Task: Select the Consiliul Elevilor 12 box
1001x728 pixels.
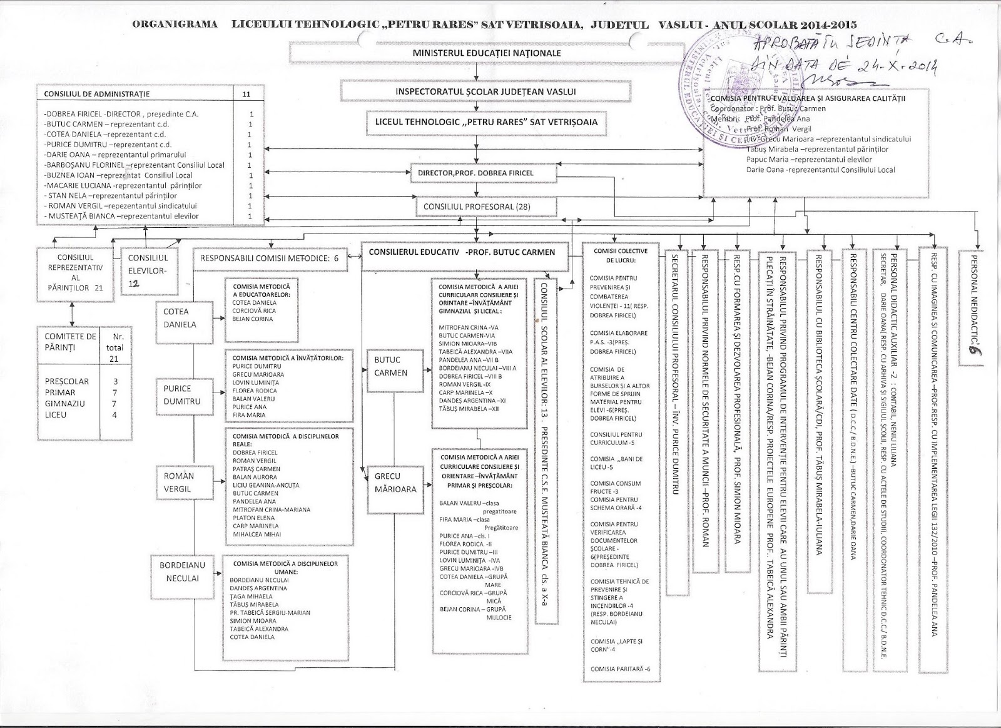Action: [x=148, y=269]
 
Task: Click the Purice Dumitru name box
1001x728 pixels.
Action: [x=182, y=395]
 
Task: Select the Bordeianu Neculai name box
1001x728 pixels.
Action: [x=182, y=572]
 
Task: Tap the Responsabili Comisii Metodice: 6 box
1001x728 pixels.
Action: [x=270, y=257]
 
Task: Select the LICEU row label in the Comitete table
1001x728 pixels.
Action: [x=56, y=415]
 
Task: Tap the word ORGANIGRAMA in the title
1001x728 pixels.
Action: [x=175, y=25]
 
